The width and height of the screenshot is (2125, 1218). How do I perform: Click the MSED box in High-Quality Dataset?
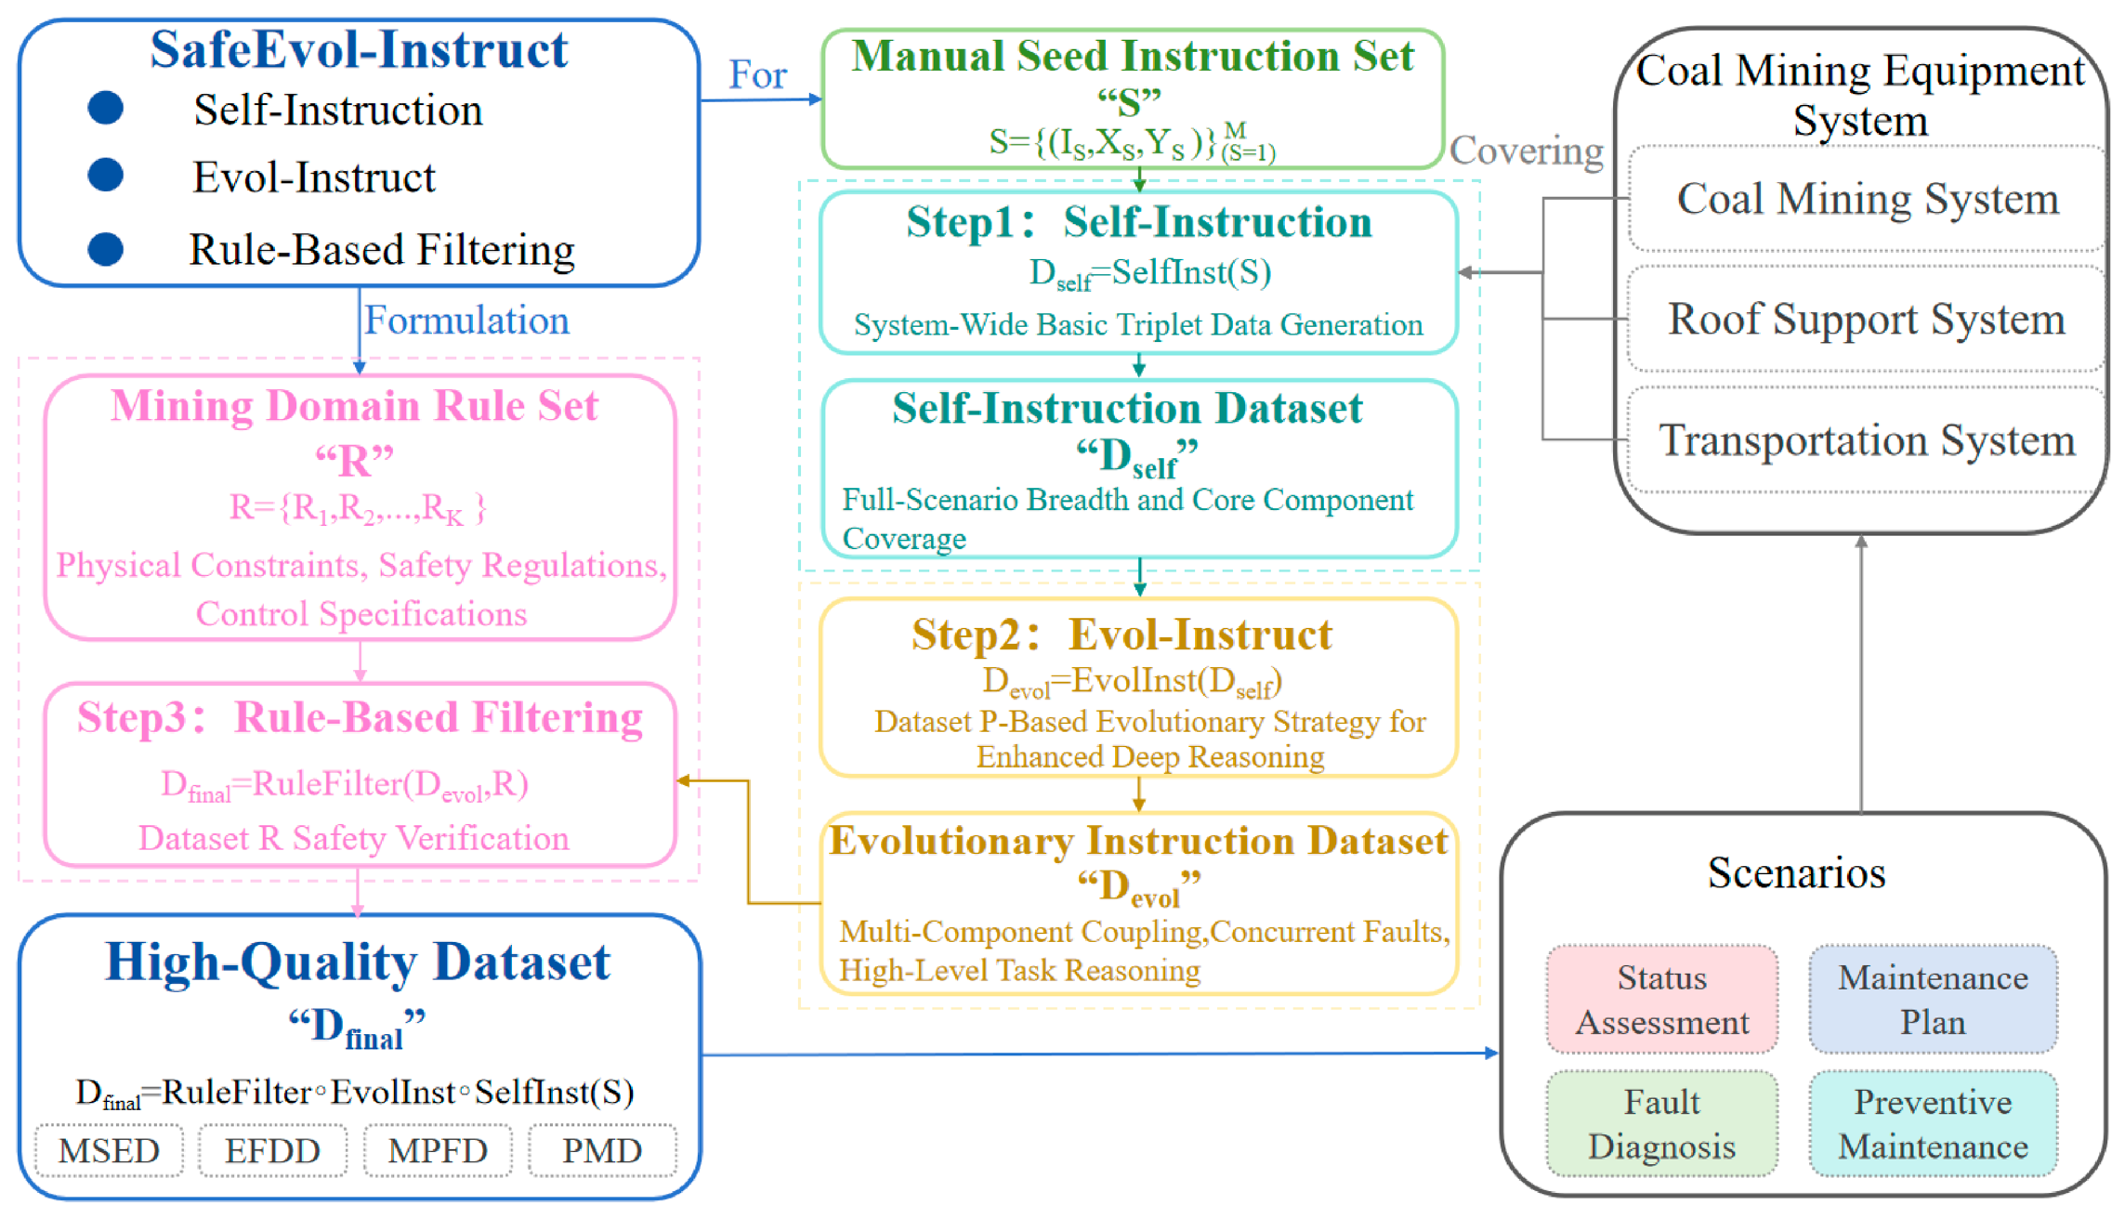coord(109,1150)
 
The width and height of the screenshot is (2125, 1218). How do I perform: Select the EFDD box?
coord(273,1150)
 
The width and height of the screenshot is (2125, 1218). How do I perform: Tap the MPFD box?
coord(438,1150)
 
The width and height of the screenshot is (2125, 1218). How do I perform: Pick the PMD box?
coord(602,1150)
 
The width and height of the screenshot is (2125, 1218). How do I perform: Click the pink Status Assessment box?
coord(1662,1000)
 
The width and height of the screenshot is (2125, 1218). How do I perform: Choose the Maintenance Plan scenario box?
coord(1933,1000)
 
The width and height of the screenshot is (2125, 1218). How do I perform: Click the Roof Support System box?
coord(1867,319)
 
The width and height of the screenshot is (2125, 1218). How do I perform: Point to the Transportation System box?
coord(1867,439)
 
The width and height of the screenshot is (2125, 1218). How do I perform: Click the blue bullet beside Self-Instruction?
coord(106,108)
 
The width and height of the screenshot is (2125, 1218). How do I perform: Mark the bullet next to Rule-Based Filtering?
coord(106,249)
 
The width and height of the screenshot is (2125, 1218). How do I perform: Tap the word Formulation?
coord(466,321)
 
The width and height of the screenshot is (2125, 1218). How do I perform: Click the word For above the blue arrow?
coord(757,74)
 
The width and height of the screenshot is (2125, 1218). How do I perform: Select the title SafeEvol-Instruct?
coord(359,49)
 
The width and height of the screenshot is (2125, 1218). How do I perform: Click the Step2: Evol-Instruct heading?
coord(1122,635)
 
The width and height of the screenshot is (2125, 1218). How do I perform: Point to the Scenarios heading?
coord(1797,872)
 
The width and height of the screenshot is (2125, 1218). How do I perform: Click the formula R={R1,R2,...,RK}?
coord(358,508)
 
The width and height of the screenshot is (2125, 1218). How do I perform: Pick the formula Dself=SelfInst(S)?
coord(1150,273)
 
